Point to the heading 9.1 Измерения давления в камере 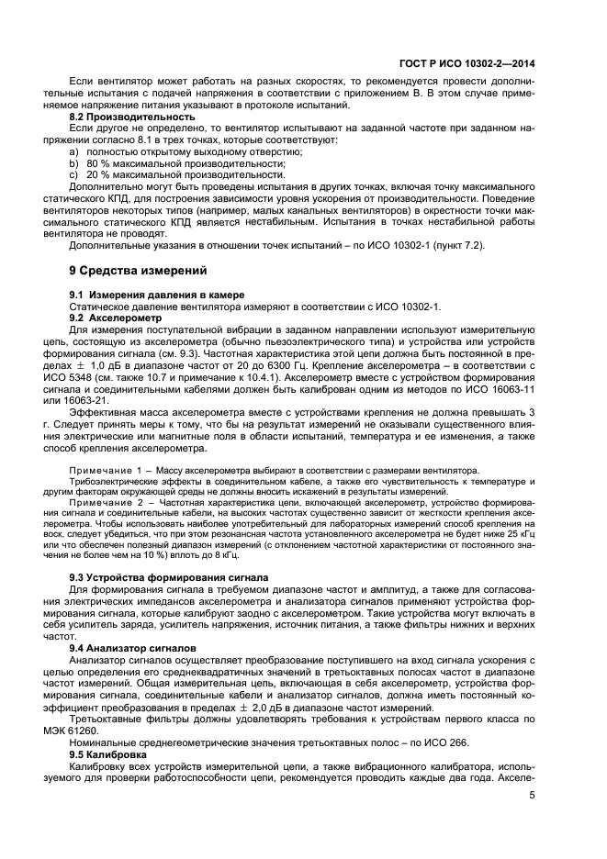pos(157,293)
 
